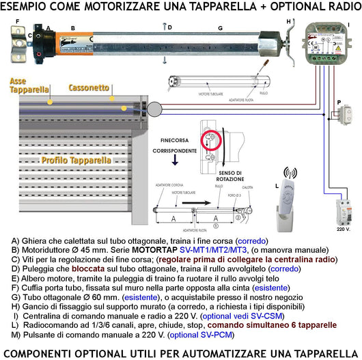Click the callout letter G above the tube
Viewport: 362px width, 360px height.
220,28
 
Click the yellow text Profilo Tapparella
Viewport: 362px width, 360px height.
74,160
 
